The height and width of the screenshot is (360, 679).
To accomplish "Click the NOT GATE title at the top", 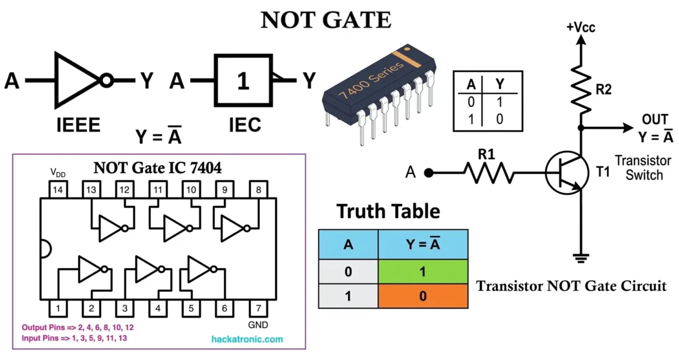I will [326, 20].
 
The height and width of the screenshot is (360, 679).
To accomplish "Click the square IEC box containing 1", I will [242, 81].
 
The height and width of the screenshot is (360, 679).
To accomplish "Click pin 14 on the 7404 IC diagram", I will [57, 190].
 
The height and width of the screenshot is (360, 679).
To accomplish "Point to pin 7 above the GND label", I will [258, 308].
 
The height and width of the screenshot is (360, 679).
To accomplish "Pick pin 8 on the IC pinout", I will [258, 190].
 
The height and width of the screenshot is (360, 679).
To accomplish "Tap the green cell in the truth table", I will [423, 271].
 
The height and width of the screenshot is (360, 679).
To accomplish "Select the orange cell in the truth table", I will [423, 296].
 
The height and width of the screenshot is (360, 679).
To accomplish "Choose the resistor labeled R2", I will [581, 89].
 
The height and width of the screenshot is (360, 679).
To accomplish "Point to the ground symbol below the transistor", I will [581, 259].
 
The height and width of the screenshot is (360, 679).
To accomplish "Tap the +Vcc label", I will [581, 26].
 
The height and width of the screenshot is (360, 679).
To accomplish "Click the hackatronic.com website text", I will [247, 339].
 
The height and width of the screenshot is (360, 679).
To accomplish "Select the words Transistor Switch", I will [639, 167].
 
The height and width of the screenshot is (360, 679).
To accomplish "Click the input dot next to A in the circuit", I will [429, 173].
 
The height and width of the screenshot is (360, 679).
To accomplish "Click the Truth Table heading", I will [388, 211].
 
